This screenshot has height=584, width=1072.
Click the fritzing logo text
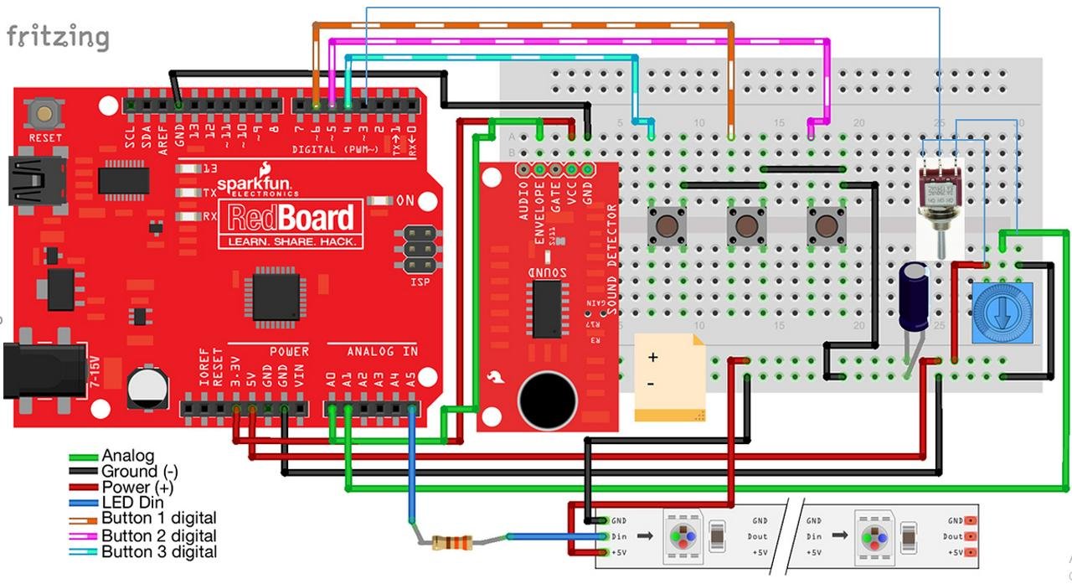[x=58, y=37]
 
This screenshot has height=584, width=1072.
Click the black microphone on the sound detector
[x=547, y=399]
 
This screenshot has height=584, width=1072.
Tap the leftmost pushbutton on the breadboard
[x=667, y=226]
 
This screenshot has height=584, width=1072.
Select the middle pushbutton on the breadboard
[x=745, y=226]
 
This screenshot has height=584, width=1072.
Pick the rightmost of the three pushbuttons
[x=825, y=226]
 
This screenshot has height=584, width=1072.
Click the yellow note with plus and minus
[x=669, y=376]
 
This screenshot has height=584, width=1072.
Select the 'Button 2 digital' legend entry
[x=158, y=536]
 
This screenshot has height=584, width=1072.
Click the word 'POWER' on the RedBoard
[x=289, y=352]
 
